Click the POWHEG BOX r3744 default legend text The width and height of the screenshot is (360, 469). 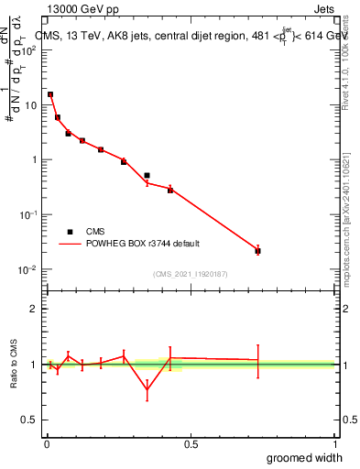tap(143, 244)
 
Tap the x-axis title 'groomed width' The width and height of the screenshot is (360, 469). tap(305, 457)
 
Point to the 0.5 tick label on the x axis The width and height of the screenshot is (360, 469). tap(191, 443)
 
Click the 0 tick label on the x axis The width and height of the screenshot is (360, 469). tap(47, 443)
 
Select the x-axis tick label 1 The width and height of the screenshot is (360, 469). tap(334, 443)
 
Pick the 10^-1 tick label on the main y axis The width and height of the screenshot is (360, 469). tap(30, 214)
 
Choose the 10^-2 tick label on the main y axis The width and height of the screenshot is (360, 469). tap(30, 269)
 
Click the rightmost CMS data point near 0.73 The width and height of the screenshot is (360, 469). tap(257, 251)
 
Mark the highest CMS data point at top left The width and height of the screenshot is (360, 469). tap(50, 94)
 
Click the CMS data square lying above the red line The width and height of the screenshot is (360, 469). tap(147, 175)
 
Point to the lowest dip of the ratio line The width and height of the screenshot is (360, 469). tap(147, 390)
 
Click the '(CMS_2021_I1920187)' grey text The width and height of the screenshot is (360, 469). tap(190, 274)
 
